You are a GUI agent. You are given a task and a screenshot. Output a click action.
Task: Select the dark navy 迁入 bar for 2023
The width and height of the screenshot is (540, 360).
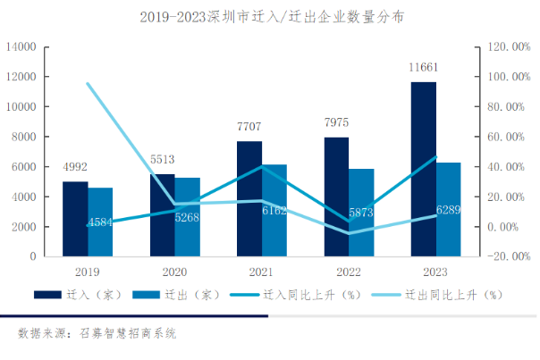(425, 170)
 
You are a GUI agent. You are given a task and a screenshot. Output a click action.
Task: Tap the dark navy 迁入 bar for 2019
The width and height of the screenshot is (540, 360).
(75, 219)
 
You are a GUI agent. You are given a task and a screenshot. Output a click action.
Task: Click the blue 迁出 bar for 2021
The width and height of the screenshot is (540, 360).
(274, 211)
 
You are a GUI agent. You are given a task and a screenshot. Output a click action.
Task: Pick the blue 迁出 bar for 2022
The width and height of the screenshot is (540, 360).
(362, 213)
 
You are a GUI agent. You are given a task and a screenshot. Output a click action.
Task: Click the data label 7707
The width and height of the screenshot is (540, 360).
(249, 127)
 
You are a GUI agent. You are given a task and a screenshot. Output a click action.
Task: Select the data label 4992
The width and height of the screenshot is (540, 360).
(75, 167)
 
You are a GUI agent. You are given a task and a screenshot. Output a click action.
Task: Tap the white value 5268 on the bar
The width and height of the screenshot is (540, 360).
(187, 215)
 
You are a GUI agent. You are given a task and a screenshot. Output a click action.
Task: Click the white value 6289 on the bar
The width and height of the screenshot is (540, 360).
(449, 209)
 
